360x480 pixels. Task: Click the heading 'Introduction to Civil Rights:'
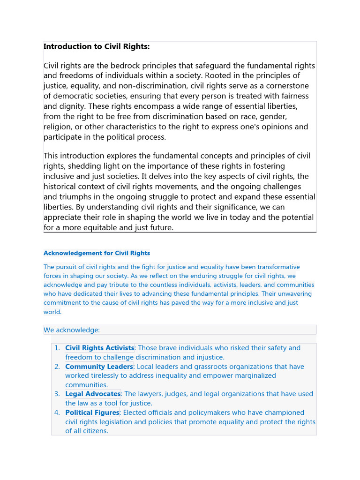tap(97, 46)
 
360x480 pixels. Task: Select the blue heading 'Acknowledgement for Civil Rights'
tap(97, 253)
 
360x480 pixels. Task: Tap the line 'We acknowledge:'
tap(72, 330)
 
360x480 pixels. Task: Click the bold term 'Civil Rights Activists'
tap(99, 348)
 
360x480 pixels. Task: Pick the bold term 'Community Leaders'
tap(99, 367)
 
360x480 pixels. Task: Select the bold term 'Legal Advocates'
tap(93, 394)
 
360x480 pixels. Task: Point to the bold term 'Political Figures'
tap(92, 412)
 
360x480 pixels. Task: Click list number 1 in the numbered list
tap(57, 348)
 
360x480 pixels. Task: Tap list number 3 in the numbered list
tap(57, 394)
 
